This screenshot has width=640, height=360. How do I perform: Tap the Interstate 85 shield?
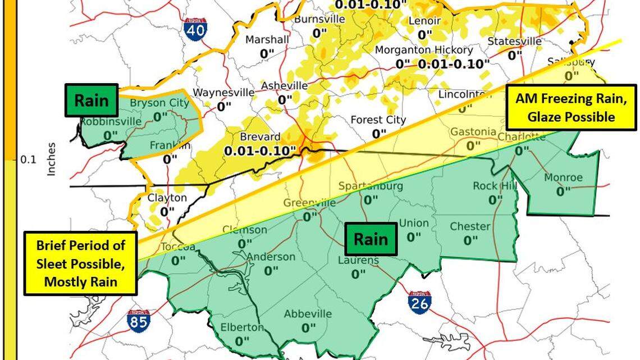coord(138,320)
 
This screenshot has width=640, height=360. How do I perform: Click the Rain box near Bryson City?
coord(92,101)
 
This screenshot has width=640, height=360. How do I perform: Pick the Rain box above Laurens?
coord(371,239)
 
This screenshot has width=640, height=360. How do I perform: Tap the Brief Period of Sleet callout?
coord(80,263)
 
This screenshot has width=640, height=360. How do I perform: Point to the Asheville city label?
coord(285,86)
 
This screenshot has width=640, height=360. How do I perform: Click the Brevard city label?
coord(259,137)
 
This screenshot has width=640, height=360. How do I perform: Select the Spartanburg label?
coord(370,186)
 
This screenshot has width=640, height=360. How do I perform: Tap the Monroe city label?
coord(563,178)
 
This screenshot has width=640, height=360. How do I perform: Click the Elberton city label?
coord(242,327)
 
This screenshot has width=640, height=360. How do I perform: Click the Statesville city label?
coord(514,41)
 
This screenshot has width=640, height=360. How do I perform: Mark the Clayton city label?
coord(167,198)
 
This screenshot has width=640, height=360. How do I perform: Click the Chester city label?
coord(470,227)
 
